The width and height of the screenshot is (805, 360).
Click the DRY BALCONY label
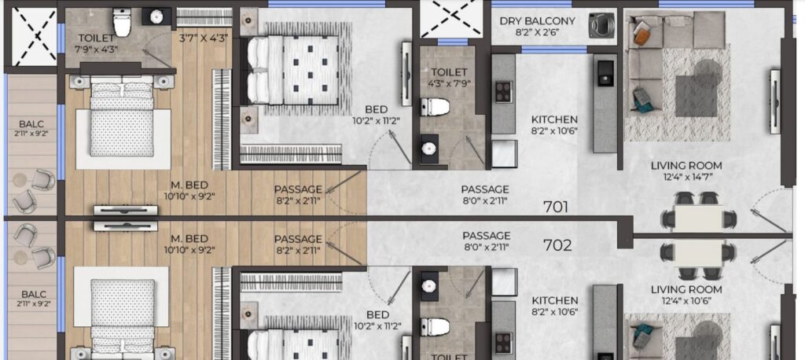click(x=538, y=21)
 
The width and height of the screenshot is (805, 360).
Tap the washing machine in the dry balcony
click(x=601, y=25)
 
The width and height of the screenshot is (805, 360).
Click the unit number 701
click(x=556, y=207)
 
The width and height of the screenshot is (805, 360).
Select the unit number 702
click(x=557, y=245)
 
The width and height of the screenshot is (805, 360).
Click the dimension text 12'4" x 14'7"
click(x=686, y=178)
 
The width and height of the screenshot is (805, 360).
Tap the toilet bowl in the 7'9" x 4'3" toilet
click(x=122, y=22)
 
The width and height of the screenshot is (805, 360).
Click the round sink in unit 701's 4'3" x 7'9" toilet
click(x=428, y=149)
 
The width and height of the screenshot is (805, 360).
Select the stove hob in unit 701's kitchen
click(x=503, y=92)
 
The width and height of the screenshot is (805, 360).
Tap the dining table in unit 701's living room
click(x=699, y=219)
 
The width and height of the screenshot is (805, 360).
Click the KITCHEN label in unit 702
click(x=554, y=300)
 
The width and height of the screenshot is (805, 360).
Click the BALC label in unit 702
click(x=34, y=294)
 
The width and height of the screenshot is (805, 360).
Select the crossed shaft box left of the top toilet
click(x=34, y=38)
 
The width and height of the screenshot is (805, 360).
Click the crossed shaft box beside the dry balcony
click(x=450, y=19)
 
